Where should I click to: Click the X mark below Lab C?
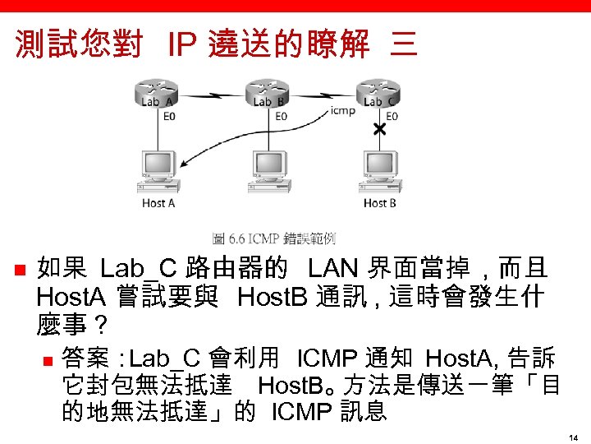click(380, 130)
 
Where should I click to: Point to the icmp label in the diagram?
click(342, 109)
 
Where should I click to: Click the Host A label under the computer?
click(158, 203)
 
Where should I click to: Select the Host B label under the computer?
click(379, 203)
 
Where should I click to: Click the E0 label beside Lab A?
click(169, 117)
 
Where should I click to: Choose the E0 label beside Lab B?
click(281, 117)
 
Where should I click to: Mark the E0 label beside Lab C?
click(392, 117)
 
